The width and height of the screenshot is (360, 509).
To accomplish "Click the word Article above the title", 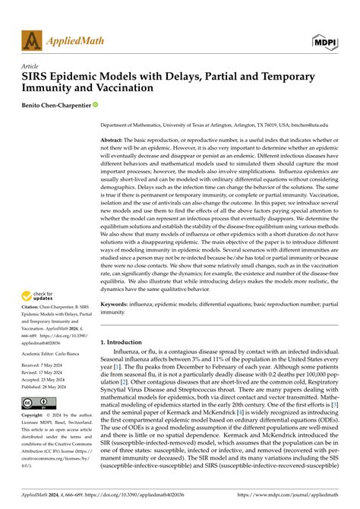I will pos(33,66).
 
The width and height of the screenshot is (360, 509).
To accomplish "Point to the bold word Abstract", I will pos(114,141).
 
